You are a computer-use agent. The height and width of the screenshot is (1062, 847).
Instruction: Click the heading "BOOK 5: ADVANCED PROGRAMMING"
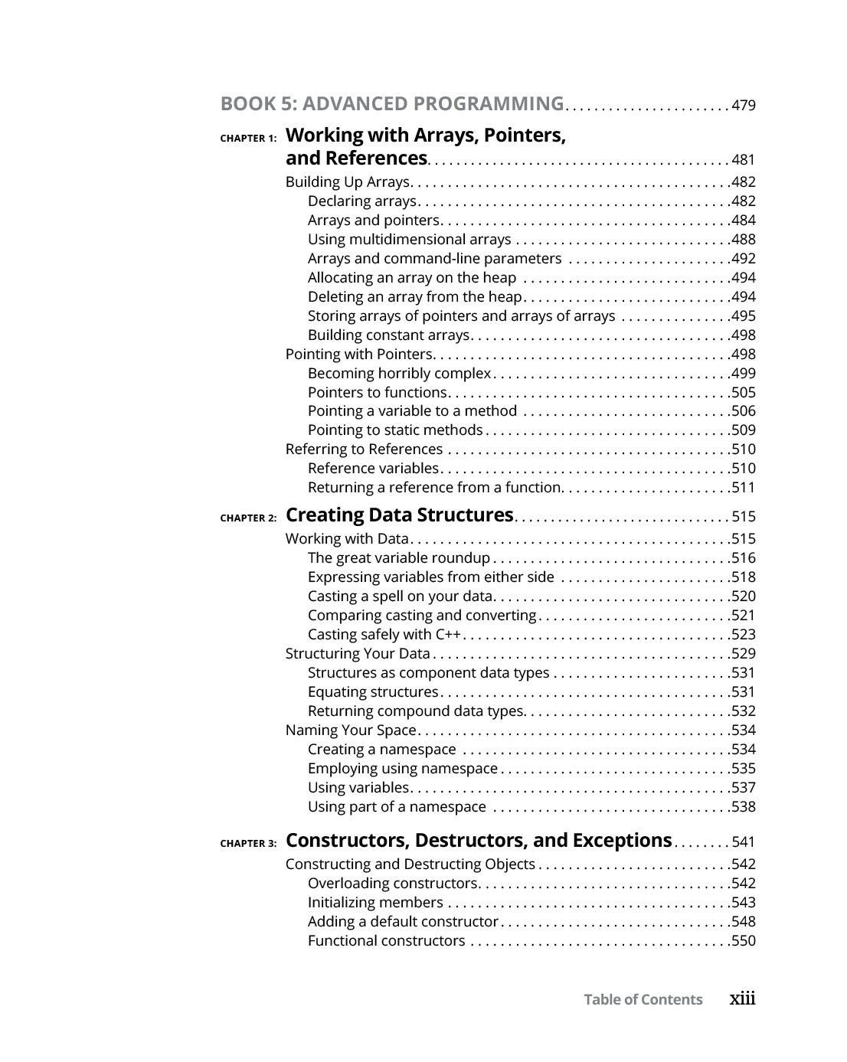click(391, 104)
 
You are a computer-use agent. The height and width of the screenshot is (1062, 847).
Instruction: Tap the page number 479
click(744, 106)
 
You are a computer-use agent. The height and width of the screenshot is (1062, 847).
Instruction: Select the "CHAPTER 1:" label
click(248, 139)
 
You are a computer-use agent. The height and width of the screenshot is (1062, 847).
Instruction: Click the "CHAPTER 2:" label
click(248, 518)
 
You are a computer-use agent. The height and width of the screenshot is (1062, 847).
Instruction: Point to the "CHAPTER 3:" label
click(248, 844)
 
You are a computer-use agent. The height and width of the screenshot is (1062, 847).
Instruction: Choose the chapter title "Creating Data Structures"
click(399, 515)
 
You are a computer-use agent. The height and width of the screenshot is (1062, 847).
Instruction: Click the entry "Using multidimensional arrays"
click(409, 240)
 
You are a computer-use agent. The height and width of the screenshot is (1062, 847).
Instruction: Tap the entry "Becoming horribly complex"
click(399, 374)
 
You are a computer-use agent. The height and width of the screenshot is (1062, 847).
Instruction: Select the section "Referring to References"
click(364, 449)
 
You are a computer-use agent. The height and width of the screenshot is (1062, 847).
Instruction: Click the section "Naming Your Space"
click(351, 730)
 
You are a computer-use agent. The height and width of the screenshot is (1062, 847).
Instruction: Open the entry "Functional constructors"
click(386, 941)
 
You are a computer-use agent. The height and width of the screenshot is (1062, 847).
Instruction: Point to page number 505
click(744, 393)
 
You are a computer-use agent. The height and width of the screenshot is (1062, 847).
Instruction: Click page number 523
click(744, 635)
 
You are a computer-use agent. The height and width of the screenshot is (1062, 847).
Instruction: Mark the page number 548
click(744, 922)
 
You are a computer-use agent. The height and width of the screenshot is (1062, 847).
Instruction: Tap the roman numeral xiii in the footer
click(742, 998)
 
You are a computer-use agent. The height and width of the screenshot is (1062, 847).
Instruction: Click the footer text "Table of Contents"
click(643, 1000)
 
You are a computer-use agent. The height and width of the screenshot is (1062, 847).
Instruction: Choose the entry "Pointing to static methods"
click(395, 430)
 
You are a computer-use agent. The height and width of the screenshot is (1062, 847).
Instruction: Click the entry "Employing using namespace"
click(403, 769)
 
